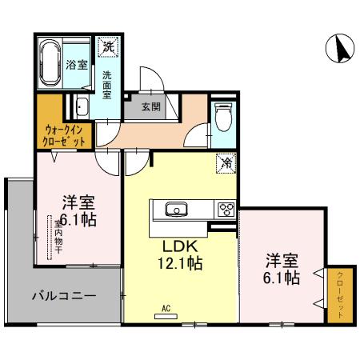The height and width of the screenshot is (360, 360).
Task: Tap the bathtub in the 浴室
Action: [50, 62]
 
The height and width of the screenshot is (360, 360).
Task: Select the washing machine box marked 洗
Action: [107, 47]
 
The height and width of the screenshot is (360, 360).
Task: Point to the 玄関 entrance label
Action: [151, 106]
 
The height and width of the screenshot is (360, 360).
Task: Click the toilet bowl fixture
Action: [222, 118]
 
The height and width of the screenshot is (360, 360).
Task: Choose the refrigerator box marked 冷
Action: [226, 163]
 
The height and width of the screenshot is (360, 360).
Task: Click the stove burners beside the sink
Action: [224, 210]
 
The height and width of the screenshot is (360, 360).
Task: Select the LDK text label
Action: [181, 245]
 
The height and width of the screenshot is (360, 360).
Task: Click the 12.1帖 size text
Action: [181, 262]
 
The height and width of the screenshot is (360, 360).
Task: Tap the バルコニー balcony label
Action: [64, 295]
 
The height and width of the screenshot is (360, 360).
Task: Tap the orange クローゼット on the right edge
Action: [338, 295]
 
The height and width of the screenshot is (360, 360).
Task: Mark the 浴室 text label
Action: [78, 66]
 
